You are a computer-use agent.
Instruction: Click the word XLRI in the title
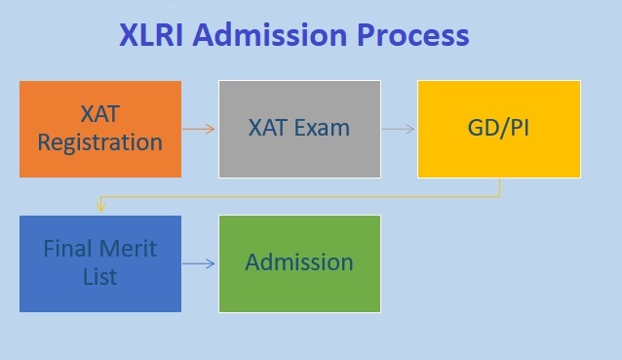pyautogui.click(x=151, y=35)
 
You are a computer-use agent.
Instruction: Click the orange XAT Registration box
pyautogui.click(x=100, y=129)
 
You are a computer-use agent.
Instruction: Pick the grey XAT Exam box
pyautogui.click(x=298, y=129)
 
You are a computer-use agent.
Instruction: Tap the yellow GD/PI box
pyautogui.click(x=500, y=129)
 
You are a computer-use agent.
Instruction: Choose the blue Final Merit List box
pyautogui.click(x=100, y=263)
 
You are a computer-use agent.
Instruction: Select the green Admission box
pyautogui.click(x=299, y=263)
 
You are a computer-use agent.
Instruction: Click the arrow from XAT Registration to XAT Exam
pyautogui.click(x=199, y=129)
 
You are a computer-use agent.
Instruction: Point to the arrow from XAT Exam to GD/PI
pyautogui.click(x=399, y=129)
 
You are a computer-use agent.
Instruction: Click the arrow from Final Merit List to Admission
pyautogui.click(x=199, y=263)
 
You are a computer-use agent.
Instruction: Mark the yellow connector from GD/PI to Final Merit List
pyautogui.click(x=292, y=196)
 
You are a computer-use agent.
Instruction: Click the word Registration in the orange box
pyautogui.click(x=100, y=142)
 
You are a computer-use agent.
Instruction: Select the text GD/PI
pyautogui.click(x=500, y=129)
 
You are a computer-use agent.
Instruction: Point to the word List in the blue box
pyautogui.click(x=100, y=277)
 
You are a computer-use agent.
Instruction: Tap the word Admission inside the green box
pyautogui.click(x=299, y=263)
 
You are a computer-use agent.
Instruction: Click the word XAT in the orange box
pyautogui.click(x=100, y=115)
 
